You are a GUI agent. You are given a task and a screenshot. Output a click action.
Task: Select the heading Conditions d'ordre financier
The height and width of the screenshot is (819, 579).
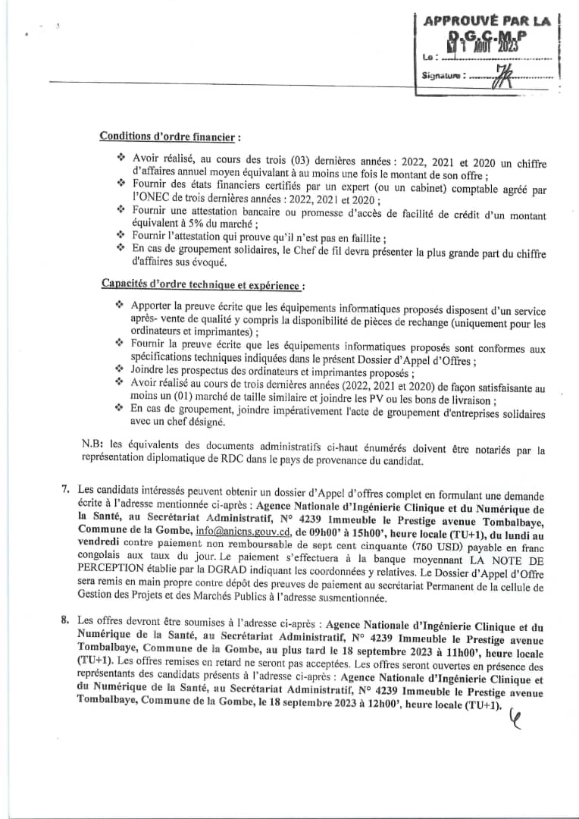(170, 136)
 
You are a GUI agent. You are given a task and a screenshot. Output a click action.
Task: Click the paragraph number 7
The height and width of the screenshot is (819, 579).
(66, 488)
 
